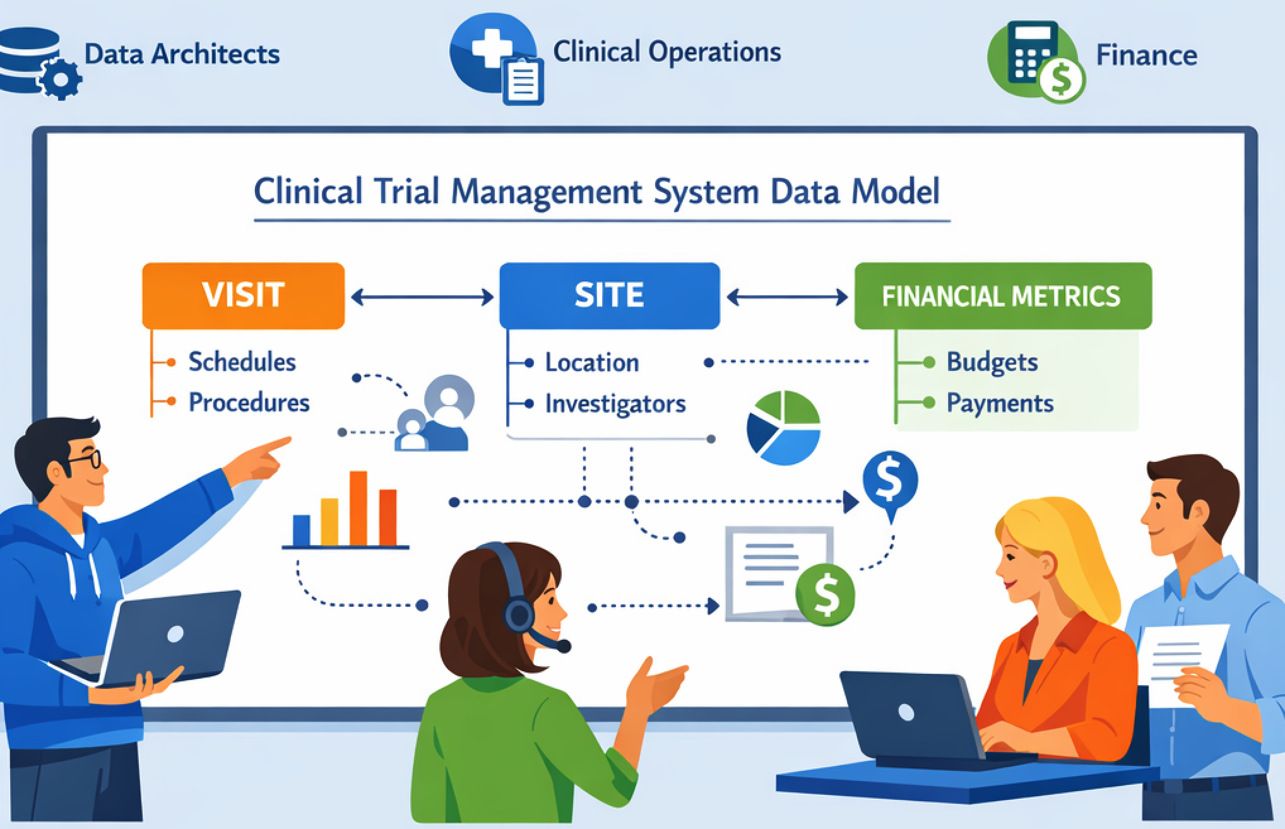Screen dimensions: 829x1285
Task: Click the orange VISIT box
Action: pos(244,295)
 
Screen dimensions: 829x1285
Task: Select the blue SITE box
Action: pos(609,295)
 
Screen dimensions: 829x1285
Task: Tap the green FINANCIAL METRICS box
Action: pos(1002,296)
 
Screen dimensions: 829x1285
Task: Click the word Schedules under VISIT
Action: pos(242,362)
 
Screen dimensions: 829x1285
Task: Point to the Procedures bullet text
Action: pos(249,403)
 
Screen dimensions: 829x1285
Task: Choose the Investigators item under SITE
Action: pos(615,404)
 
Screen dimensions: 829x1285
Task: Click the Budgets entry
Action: pos(992,362)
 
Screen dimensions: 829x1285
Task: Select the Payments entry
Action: pos(1000,403)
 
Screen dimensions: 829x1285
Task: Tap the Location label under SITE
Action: pos(591,363)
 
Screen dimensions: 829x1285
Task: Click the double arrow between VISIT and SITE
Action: pos(422,297)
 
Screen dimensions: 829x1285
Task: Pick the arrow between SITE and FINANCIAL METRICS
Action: pos(787,297)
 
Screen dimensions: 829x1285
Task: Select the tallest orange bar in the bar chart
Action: pos(358,507)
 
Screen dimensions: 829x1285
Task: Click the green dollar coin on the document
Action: pos(825,594)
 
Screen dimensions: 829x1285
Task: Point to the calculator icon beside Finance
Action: pos(1033,54)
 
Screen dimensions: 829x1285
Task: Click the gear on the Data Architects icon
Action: pos(61,79)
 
